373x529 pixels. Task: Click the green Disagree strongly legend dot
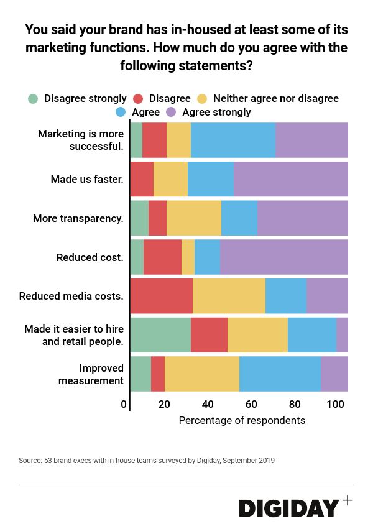pyautogui.click(x=33, y=99)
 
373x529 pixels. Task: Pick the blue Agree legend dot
pyautogui.click(x=121, y=113)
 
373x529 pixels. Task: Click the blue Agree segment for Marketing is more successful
pyautogui.click(x=233, y=140)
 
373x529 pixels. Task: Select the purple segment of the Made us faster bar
pyautogui.click(x=290, y=179)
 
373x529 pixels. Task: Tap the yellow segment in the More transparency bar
pyautogui.click(x=194, y=218)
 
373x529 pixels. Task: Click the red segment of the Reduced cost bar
pyautogui.click(x=162, y=257)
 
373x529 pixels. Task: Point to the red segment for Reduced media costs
pyautogui.click(x=162, y=296)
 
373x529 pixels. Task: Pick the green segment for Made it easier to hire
pyautogui.click(x=160, y=335)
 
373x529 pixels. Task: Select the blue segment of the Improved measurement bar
pyautogui.click(x=280, y=374)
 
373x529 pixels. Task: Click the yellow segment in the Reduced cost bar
pyautogui.click(x=188, y=257)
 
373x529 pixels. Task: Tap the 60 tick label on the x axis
pyautogui.click(x=251, y=405)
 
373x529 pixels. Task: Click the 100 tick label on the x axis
pyautogui.click(x=335, y=405)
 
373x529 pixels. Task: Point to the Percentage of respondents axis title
pyautogui.click(x=242, y=421)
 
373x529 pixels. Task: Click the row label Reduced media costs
pyautogui.click(x=71, y=297)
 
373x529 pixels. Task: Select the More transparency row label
pyautogui.click(x=78, y=219)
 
